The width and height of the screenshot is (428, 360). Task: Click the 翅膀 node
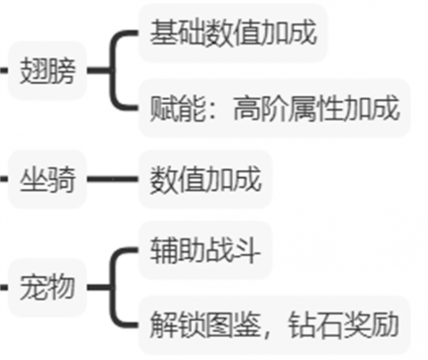(x=47, y=71)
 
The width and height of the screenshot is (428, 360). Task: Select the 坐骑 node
(x=47, y=179)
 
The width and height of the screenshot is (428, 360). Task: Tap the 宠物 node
(x=47, y=287)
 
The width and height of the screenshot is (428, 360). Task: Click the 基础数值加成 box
(x=233, y=33)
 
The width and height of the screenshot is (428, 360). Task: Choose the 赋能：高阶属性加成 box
(x=274, y=108)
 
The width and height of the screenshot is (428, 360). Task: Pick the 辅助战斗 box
(x=205, y=250)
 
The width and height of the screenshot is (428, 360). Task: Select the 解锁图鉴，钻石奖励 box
(x=274, y=325)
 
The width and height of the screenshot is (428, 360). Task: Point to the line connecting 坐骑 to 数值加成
(x=113, y=179)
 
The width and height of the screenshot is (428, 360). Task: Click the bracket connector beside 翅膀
(x=112, y=71)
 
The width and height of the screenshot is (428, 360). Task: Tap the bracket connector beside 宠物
(x=112, y=287)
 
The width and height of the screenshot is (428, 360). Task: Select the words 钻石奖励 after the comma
(x=343, y=325)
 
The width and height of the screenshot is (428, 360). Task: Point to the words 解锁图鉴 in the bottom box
(x=205, y=325)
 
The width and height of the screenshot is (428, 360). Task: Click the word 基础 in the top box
(x=178, y=33)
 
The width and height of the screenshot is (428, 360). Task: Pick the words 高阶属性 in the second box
(x=288, y=108)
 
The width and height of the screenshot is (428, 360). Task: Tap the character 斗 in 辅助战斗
(x=247, y=250)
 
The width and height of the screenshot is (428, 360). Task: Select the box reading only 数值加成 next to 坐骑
(x=205, y=179)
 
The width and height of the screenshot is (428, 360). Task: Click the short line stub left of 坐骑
(x=4, y=179)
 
